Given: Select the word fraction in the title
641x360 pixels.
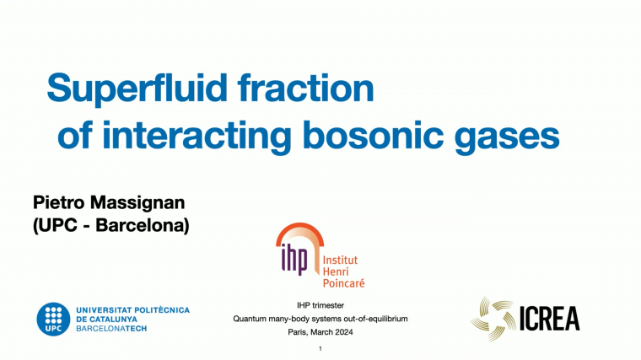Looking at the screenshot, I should click(x=317, y=89).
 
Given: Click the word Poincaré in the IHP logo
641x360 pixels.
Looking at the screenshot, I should click(x=343, y=283).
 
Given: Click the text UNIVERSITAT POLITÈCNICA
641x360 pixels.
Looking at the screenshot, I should click(x=132, y=309).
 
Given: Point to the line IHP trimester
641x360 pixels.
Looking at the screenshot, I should click(x=320, y=304).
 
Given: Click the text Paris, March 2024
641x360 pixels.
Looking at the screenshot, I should click(x=320, y=332).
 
